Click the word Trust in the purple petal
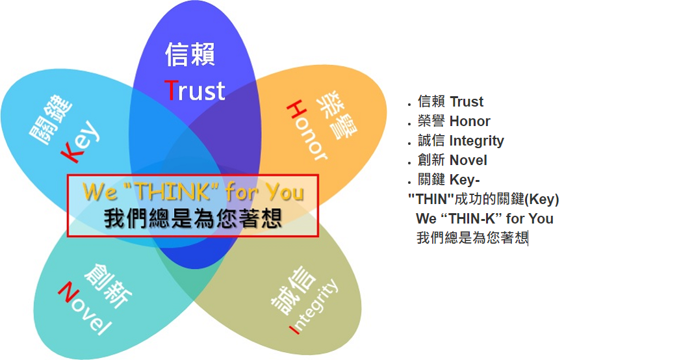coord(195,90)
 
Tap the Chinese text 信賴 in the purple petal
coord(190,55)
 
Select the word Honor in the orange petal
coord(307,131)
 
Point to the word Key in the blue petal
coord(80,141)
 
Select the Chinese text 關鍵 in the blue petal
coord(50,120)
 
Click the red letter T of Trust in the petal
coord(172,90)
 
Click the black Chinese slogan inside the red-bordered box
coord(193,218)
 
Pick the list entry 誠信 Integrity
coord(461,141)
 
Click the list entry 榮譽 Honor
coord(454,121)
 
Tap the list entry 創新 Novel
coord(452,160)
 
